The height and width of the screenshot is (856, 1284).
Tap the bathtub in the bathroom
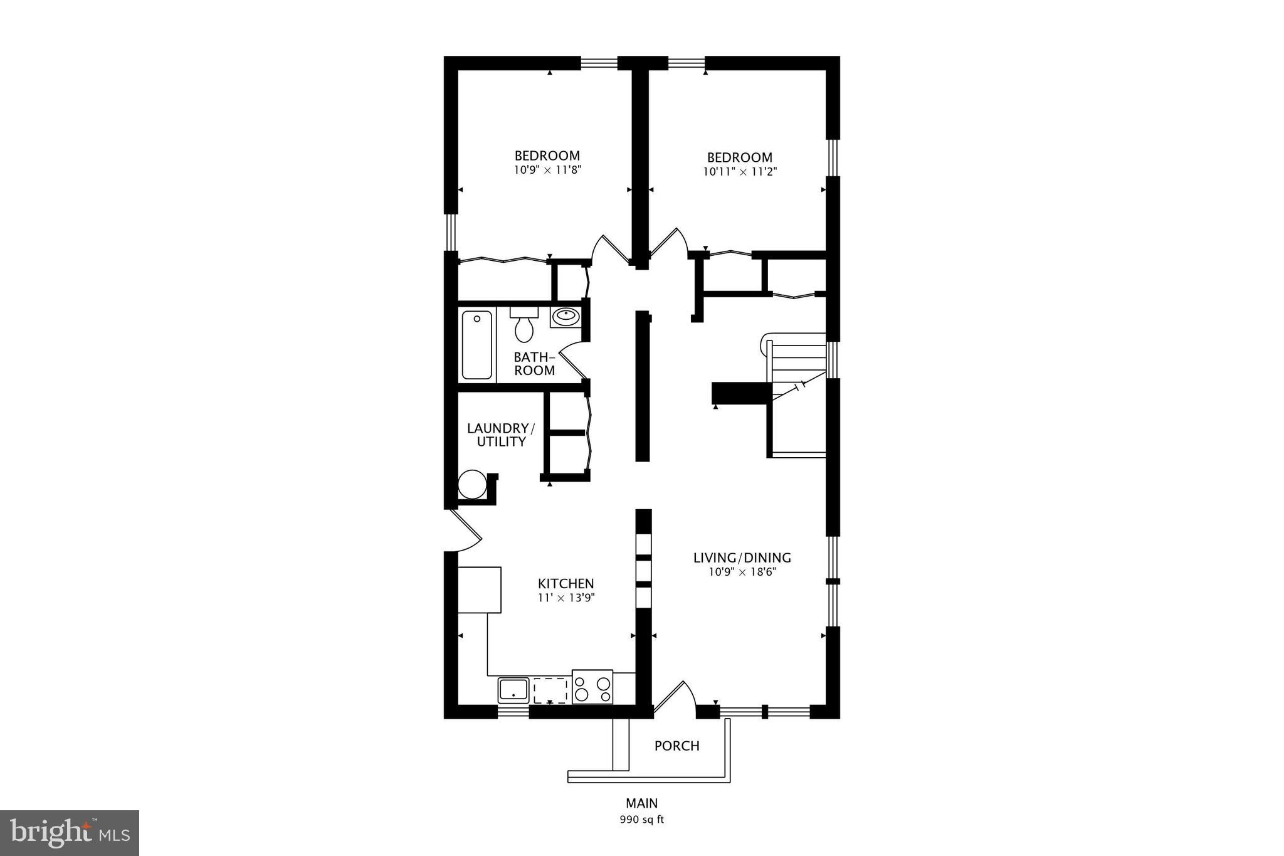(x=477, y=345)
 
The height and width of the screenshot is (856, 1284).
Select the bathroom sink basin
(x=566, y=317)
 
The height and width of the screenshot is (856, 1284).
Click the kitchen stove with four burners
(x=592, y=687)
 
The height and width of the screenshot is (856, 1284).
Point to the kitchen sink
(x=513, y=690)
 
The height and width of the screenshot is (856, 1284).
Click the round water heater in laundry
(x=471, y=484)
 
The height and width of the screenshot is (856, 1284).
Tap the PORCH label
(x=676, y=746)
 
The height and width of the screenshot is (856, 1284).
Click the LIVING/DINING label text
(x=742, y=557)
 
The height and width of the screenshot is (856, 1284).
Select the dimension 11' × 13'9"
(x=566, y=598)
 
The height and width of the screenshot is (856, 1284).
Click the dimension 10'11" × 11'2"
(x=740, y=171)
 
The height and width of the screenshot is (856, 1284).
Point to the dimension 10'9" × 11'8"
(x=547, y=169)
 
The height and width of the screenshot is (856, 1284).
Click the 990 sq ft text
(x=641, y=820)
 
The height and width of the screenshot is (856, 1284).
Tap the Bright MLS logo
(x=70, y=832)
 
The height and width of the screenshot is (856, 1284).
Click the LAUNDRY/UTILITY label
(x=500, y=435)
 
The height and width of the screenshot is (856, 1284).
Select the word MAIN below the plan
(x=641, y=803)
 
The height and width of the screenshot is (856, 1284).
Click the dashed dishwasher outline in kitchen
(x=550, y=690)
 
